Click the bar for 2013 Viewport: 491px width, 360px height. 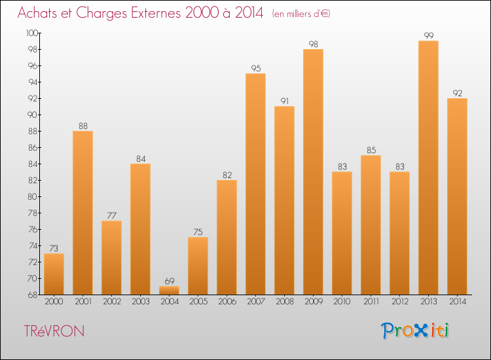[428, 168]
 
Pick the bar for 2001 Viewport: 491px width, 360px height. [82, 213]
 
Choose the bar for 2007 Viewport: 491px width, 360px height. [255, 184]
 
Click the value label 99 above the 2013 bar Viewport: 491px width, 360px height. [428, 35]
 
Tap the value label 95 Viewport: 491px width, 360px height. [255, 68]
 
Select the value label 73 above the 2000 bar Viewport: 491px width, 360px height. [54, 248]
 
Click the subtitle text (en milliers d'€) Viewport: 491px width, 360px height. [301, 14]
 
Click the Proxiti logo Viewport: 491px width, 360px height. [415, 331]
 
